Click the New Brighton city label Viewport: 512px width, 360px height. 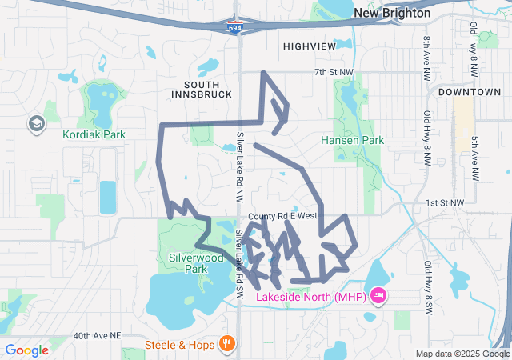392,14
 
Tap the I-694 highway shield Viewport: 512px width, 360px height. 233,27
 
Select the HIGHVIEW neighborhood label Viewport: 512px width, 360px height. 310,47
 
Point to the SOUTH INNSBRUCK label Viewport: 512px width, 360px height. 201,89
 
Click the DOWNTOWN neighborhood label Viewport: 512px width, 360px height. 474,92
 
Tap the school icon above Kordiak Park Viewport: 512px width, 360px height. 36,123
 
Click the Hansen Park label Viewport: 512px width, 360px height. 352,140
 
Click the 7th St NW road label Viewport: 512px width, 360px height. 333,73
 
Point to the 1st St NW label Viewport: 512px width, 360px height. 445,203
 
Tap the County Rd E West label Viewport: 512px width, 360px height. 282,216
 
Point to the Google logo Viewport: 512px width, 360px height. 26,350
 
